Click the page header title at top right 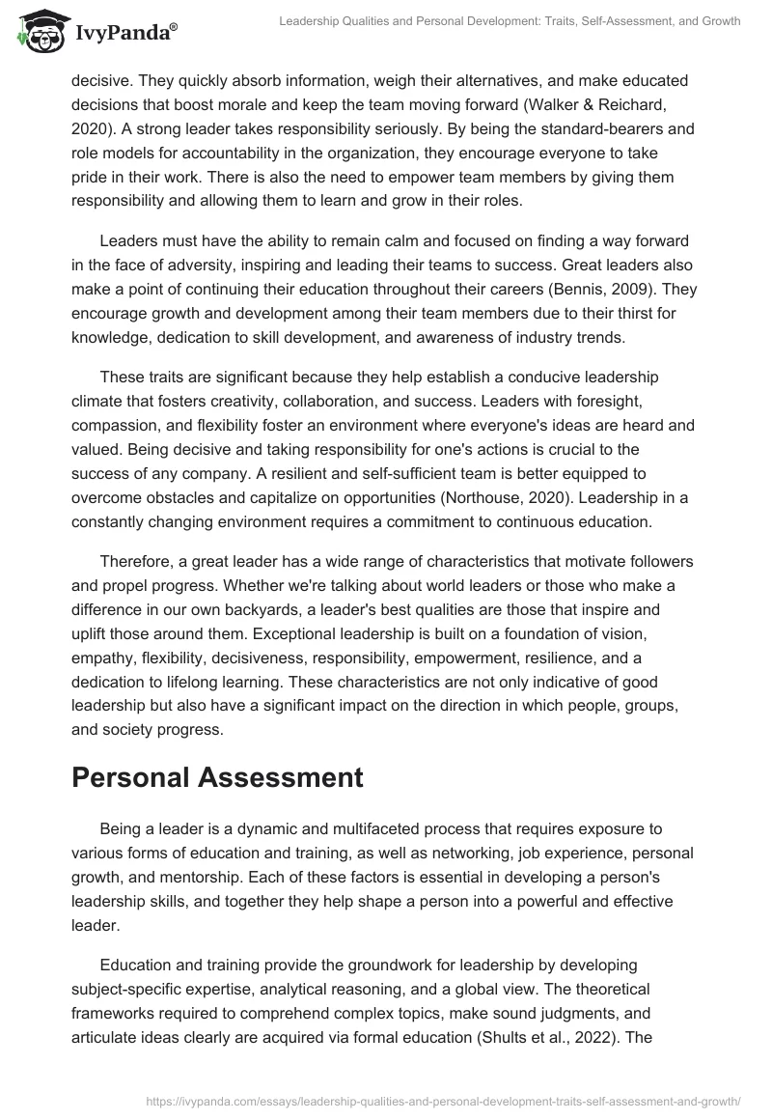[512, 21]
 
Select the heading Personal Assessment [217, 778]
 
